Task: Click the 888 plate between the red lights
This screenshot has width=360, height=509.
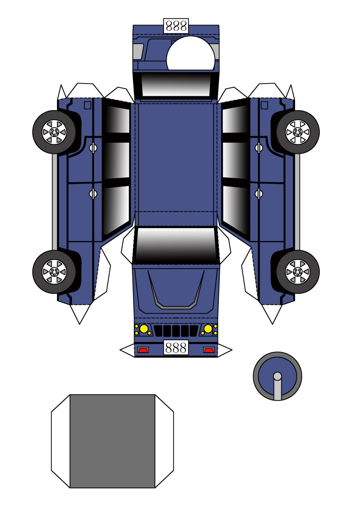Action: click(x=176, y=348)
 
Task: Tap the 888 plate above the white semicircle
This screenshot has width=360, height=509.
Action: click(x=176, y=26)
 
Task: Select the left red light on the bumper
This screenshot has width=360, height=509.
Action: click(x=143, y=350)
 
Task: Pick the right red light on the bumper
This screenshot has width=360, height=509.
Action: click(x=209, y=350)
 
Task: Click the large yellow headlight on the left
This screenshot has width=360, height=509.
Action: click(x=144, y=329)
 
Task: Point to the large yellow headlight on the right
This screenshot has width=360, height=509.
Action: click(x=208, y=329)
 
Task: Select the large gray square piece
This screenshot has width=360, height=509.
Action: click(x=112, y=441)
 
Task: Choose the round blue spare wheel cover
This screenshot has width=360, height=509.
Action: click(x=277, y=376)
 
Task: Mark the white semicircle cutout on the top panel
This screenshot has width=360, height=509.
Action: click(x=191, y=54)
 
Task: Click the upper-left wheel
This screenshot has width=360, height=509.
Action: click(x=54, y=132)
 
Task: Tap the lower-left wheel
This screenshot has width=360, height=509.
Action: click(x=54, y=272)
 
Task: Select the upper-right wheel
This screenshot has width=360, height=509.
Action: click(x=298, y=132)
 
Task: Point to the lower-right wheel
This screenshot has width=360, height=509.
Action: click(x=298, y=272)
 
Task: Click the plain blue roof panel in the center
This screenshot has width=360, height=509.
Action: click(x=176, y=159)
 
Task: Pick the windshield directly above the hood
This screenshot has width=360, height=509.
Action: click(x=176, y=245)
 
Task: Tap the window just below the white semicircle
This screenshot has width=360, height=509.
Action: click(x=176, y=84)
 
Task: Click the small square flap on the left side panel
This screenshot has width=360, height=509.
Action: click(x=88, y=105)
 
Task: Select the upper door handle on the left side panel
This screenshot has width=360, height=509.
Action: click(x=93, y=148)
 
